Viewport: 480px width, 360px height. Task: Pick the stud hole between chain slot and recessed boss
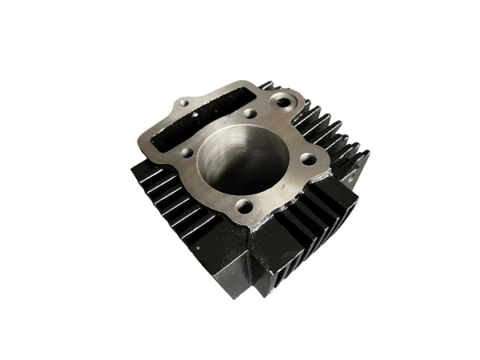point(250,114)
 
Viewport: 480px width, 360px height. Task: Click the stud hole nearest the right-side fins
point(307,159)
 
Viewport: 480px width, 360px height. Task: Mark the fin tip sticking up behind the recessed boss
point(266,84)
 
